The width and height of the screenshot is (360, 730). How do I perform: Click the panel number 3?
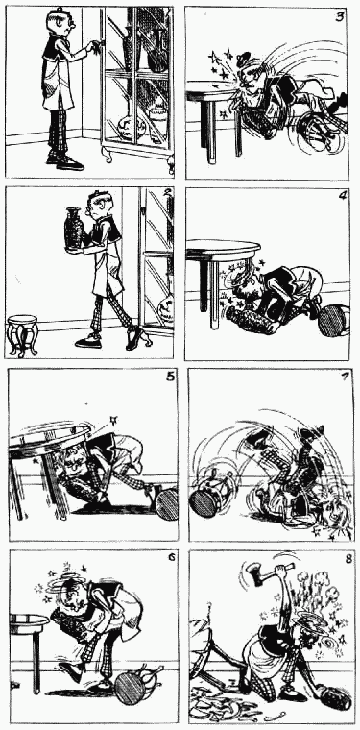click(x=340, y=17)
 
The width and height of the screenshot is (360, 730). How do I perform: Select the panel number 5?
click(x=170, y=377)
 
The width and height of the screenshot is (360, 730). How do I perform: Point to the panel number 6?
click(x=172, y=557)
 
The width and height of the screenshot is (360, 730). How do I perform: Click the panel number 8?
click(x=348, y=559)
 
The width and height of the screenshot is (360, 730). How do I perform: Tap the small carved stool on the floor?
click(x=21, y=335)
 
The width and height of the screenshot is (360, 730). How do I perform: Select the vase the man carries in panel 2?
click(x=74, y=229)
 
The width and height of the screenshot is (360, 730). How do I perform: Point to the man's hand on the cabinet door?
click(x=96, y=45)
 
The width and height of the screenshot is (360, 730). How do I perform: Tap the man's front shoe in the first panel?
click(x=70, y=163)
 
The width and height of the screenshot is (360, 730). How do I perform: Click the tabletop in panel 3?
click(x=209, y=96)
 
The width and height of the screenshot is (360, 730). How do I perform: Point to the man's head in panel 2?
click(x=96, y=207)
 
